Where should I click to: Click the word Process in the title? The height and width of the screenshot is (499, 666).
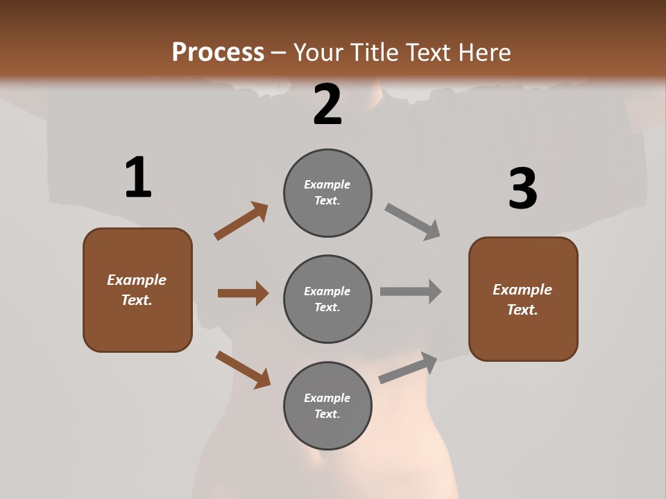pos(218,52)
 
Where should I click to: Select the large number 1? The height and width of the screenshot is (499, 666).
pos(138,177)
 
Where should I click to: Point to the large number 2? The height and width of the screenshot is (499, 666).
pos(327,105)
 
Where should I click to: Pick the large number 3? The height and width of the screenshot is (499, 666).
pos(522,189)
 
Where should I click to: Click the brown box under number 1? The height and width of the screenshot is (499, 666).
pos(137,290)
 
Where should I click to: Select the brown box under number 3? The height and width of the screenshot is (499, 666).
pos(523,299)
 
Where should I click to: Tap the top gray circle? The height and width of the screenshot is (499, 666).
pos(327,193)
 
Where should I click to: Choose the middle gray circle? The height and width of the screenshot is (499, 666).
pos(327,299)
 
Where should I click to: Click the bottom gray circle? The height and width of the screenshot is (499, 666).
pos(327,405)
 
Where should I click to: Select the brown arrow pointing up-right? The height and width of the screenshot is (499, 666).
pos(241,221)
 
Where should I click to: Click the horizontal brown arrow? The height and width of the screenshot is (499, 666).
pos(243,293)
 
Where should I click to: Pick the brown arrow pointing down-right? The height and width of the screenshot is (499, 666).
pos(243,369)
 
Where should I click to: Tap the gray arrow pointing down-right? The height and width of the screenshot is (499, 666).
pos(413,222)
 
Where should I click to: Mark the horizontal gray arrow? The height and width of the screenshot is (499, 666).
pos(411,291)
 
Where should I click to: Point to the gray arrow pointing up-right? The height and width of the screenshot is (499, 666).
pos(408,367)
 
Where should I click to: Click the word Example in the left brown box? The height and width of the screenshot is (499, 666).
pos(137,280)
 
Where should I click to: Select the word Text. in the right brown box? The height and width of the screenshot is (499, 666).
pos(522,310)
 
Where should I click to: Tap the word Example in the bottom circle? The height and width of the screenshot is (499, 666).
pos(327,398)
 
